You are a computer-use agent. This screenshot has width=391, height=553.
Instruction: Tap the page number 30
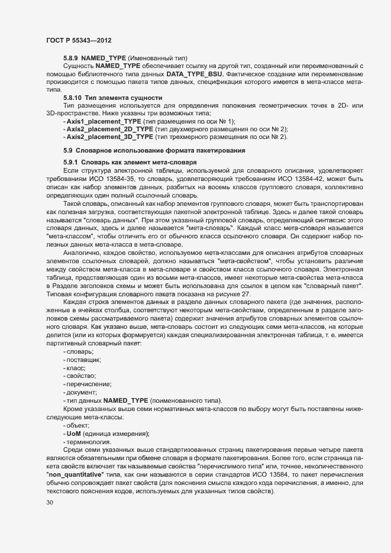click(x=49, y=502)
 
